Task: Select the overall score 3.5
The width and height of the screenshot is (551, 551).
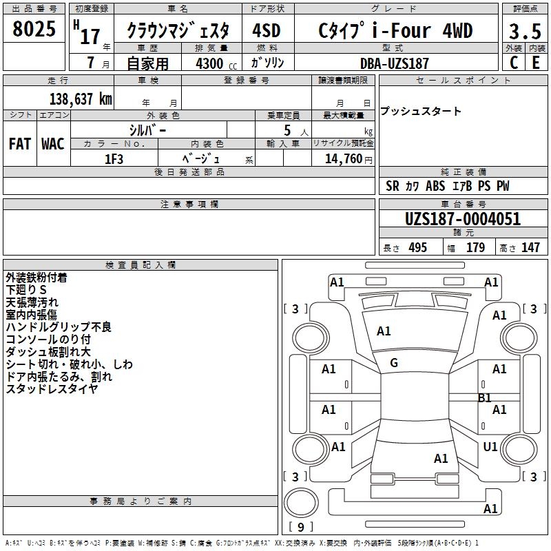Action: click(x=524, y=32)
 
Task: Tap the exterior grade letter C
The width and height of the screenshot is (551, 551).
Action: click(x=513, y=62)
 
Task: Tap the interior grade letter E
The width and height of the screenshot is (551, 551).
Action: click(x=535, y=62)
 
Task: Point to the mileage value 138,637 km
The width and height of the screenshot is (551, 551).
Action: click(x=81, y=99)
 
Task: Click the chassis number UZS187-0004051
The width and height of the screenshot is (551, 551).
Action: click(x=462, y=220)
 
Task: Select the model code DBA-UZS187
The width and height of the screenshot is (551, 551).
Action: click(x=395, y=63)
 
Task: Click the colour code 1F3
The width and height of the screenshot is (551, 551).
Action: click(x=114, y=158)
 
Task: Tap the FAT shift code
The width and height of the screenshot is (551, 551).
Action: click(x=19, y=144)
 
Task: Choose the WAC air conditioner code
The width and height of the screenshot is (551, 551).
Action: click(x=52, y=144)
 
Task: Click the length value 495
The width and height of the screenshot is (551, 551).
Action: click(x=417, y=248)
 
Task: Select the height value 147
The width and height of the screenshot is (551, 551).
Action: click(x=530, y=248)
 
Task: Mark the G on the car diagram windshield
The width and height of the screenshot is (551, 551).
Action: click(x=394, y=363)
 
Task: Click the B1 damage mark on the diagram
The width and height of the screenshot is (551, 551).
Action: click(x=485, y=398)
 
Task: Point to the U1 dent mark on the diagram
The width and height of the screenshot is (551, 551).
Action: click(x=490, y=447)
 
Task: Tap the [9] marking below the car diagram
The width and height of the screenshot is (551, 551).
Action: click(x=300, y=527)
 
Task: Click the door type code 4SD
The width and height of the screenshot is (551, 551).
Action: click(x=267, y=32)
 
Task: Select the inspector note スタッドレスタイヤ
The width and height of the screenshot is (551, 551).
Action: click(x=52, y=389)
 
